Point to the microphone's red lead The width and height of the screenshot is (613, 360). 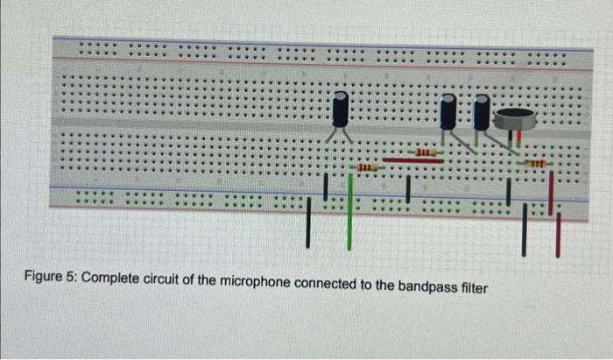519,135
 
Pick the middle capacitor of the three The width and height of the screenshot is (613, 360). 449,112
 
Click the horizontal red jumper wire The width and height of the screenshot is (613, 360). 412,161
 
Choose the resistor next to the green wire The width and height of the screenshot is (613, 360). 367,166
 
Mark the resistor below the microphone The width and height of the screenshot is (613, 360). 533,164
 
